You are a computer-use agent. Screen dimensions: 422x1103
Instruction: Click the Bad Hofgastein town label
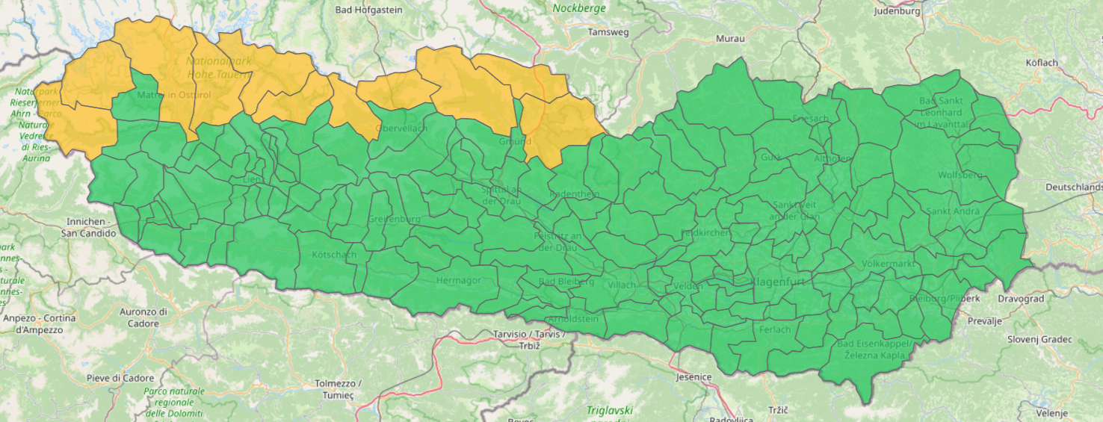point(368,10)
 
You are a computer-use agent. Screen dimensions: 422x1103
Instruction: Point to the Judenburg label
point(897,11)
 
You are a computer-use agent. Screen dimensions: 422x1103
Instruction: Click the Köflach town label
point(1042,63)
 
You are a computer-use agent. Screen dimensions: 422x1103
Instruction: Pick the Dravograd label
point(1020,299)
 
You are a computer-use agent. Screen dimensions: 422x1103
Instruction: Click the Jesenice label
point(693,377)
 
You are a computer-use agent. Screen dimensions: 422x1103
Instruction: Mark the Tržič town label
point(777,411)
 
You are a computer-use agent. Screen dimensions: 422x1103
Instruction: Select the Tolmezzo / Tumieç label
point(338,388)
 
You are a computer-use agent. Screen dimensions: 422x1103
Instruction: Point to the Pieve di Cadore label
point(120,378)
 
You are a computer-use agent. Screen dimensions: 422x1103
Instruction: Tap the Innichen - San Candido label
point(89,227)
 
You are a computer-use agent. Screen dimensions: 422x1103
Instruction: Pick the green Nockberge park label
point(579,8)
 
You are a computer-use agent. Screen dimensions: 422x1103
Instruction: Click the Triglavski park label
point(609,411)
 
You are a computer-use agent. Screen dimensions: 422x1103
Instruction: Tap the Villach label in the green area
point(622,285)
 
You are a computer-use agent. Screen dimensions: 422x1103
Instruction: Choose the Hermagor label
point(458,280)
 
